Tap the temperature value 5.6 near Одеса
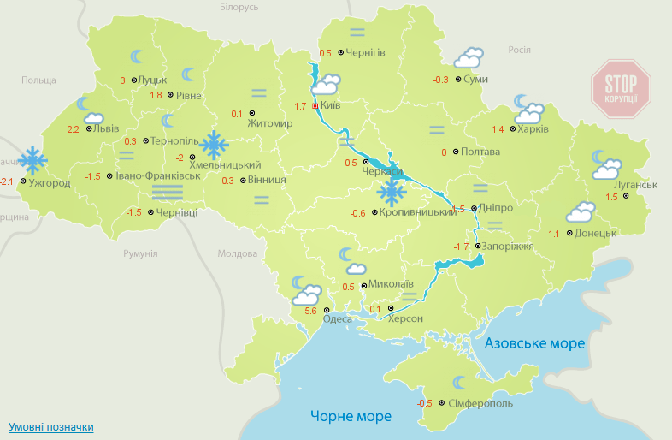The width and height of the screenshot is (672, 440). click(310, 312)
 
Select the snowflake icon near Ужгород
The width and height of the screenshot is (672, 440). click(32, 159)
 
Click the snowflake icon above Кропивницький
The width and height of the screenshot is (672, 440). click(392, 192)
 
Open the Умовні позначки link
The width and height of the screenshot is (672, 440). click(50, 426)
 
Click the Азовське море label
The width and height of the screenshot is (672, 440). click(534, 343)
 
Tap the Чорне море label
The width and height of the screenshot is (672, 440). click(351, 416)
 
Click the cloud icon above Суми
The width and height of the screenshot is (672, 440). click(469, 58)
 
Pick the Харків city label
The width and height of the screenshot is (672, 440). click(533, 130)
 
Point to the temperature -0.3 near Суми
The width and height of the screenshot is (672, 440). click(441, 80)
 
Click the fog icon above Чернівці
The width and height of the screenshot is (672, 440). click(167, 192)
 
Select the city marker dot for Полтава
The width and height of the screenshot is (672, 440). click(456, 152)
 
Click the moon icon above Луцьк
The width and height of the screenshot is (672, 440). click(137, 57)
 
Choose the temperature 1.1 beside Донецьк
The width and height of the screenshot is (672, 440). click(554, 234)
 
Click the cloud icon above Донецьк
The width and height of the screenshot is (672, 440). click(581, 211)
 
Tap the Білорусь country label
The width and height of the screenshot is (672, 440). click(239, 8)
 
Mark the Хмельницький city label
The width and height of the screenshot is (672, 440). click(224, 164)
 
